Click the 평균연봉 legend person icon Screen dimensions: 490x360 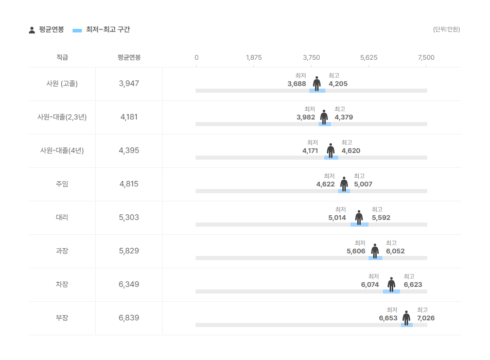pos(32,30)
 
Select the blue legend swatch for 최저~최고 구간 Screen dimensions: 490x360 pos(77,30)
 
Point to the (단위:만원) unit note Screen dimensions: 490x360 pos(446,29)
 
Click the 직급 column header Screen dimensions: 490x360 pos(62,57)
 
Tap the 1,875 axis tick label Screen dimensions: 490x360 pos(254,58)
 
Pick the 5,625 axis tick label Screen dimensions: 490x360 pos(369,58)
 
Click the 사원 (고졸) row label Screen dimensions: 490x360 pos(62,83)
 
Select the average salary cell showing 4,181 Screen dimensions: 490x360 pos(129,117)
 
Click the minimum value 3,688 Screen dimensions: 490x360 pos(296,84)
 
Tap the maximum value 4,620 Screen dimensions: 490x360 pos(351,151)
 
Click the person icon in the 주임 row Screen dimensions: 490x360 pos(344,184)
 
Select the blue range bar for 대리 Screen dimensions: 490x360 pos(359,225)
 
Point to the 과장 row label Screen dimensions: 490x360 pos(62,251)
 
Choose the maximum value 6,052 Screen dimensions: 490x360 pos(395,251)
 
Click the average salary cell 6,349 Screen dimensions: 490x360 pos(129,284)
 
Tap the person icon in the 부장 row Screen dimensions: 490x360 pos(406,318)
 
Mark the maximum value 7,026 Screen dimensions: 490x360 pos(426,318)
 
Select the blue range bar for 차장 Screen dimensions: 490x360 pos(391,292)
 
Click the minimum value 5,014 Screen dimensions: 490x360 pos(337,218)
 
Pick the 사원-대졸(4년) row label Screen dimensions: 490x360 pos(62,150)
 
